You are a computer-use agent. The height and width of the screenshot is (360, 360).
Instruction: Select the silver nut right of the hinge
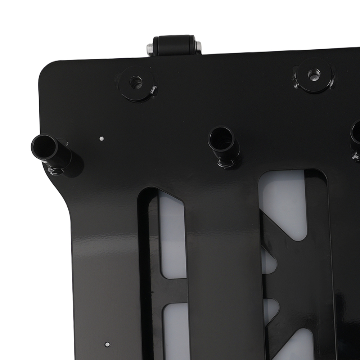(198, 46)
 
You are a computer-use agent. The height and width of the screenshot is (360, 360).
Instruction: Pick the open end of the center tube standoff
(220, 138)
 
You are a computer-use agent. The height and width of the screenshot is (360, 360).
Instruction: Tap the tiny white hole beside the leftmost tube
(102, 138)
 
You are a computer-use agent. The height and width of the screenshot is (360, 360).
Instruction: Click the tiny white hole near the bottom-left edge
(107, 344)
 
